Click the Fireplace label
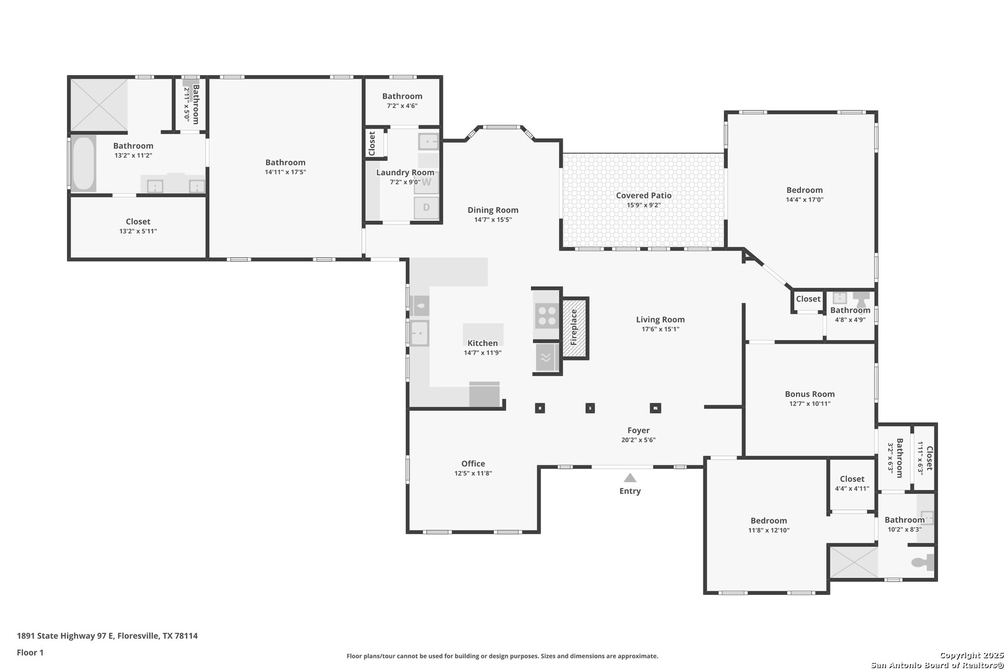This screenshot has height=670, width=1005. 574,327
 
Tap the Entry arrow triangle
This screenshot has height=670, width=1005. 630,478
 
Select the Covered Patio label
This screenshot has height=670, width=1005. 643,195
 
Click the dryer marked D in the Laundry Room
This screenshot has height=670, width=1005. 426,207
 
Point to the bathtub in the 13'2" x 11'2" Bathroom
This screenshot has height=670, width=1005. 84,163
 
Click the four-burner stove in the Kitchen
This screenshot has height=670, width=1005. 547,315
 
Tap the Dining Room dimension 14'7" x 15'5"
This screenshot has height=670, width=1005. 493,220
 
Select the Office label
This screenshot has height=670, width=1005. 473,463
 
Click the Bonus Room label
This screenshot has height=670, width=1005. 810,394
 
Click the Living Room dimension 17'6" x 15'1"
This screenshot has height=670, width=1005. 661,329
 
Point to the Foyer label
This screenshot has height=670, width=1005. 638,431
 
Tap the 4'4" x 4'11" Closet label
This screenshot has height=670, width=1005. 852,479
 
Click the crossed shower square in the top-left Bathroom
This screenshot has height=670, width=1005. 99,105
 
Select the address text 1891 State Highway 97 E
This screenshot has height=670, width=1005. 66,636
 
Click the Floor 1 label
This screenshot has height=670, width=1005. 30,653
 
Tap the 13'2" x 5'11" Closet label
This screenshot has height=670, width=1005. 138,221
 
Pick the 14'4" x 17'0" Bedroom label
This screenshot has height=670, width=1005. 805,190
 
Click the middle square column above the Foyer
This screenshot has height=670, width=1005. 590,408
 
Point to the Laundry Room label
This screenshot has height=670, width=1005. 405,172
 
